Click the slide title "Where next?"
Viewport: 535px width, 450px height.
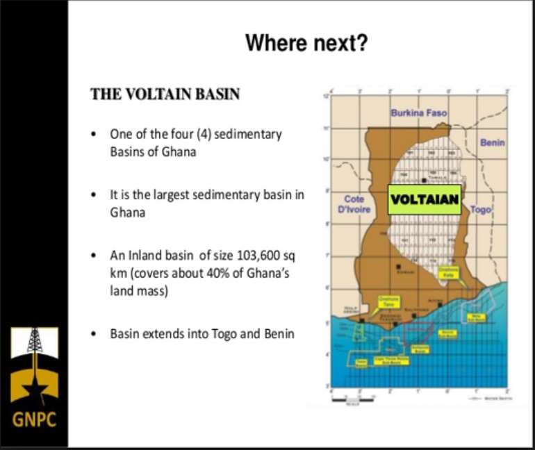point(306,43)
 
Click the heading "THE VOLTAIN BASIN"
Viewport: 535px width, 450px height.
point(165,94)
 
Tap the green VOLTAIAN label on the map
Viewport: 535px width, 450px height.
point(425,199)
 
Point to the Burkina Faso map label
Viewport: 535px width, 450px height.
point(418,112)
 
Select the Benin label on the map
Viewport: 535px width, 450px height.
point(492,142)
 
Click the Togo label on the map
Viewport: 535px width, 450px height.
point(480,208)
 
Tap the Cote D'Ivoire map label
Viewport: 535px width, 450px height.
point(354,204)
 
